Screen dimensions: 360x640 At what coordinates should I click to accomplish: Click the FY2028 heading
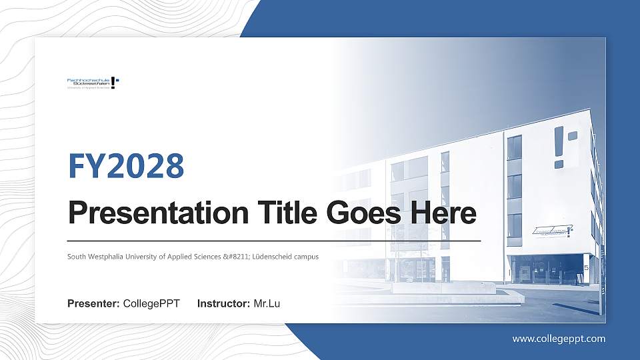[126, 166]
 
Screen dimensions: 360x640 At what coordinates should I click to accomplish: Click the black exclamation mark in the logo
[113, 83]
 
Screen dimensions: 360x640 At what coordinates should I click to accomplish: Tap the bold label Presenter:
[93, 304]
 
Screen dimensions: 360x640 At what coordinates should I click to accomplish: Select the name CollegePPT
[151, 304]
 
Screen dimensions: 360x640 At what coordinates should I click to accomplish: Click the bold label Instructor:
[224, 304]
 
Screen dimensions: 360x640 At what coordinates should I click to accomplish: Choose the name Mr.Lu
[267, 304]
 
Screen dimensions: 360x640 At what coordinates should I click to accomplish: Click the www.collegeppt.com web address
[559, 339]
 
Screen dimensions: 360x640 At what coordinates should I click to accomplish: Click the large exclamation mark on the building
[559, 147]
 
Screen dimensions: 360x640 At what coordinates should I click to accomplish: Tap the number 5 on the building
[586, 267]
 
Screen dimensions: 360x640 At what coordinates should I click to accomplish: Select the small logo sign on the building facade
[553, 231]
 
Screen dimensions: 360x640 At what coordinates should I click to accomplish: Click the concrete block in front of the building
[443, 288]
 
